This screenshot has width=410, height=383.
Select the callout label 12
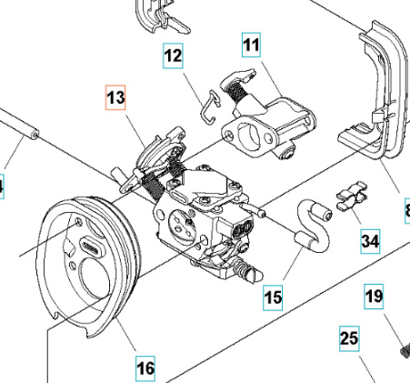(x=174, y=55)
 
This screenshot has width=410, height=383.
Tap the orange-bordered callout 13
(x=116, y=98)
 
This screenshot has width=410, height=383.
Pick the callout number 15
(x=274, y=296)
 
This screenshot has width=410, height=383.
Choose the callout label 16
(x=145, y=368)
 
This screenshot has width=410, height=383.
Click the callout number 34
(x=370, y=241)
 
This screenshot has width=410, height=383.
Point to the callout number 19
(x=375, y=296)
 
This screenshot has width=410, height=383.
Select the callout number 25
(x=350, y=340)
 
